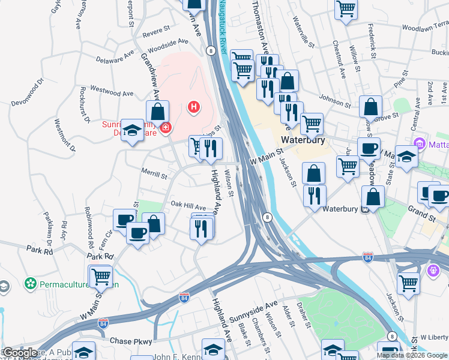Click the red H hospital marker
193,107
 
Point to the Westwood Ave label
111,93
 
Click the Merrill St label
154,175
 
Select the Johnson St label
335,100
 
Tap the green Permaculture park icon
31,282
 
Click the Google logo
20,353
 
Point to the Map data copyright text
412,355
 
